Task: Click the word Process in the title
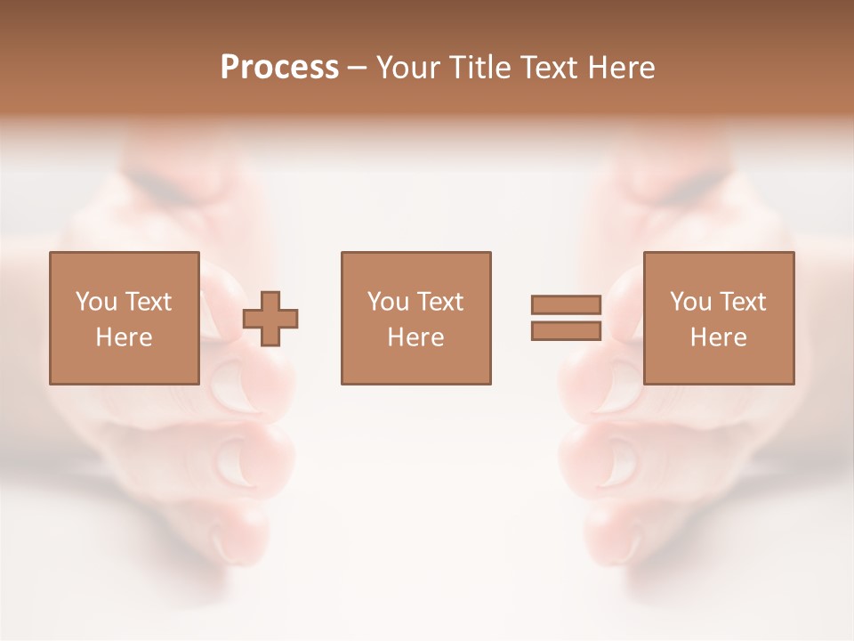click(x=279, y=68)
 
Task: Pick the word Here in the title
click(x=622, y=68)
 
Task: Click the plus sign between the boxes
click(x=271, y=319)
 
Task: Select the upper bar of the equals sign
click(x=567, y=304)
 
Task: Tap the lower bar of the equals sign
click(x=567, y=331)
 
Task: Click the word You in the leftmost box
click(x=96, y=302)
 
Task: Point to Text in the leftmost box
click(x=149, y=302)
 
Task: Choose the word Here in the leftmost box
click(x=124, y=337)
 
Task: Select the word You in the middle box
click(x=388, y=302)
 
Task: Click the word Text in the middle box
click(x=440, y=302)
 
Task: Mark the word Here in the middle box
click(x=415, y=337)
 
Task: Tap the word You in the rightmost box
click(x=690, y=302)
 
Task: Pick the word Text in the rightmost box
click(x=743, y=302)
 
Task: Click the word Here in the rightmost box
click(x=718, y=337)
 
